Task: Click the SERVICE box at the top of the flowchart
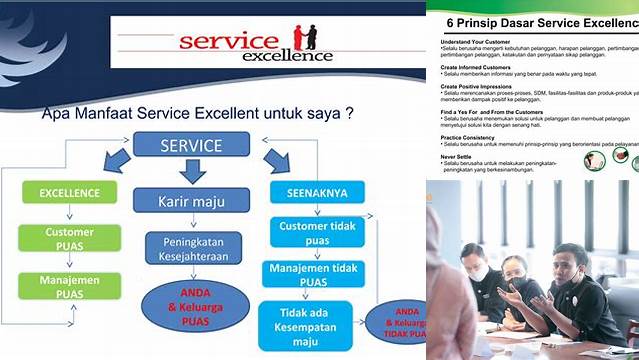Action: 191,146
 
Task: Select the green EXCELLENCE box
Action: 69,193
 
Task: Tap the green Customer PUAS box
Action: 70,238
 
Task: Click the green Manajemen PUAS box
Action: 70,288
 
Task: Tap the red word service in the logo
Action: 228,42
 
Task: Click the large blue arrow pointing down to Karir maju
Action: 192,171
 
